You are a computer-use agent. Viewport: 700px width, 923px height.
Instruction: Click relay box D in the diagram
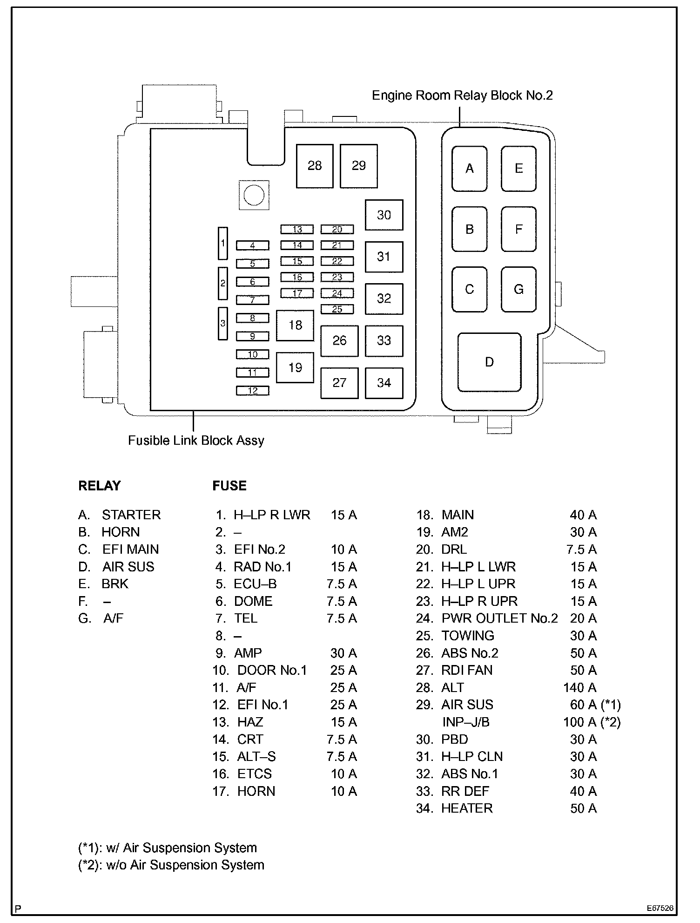(489, 362)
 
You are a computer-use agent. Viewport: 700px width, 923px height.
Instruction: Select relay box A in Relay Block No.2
(470, 168)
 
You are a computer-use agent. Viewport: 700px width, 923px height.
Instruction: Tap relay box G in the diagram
(518, 289)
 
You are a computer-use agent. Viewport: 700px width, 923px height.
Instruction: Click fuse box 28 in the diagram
(315, 166)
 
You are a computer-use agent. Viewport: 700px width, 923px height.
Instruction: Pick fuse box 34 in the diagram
(384, 383)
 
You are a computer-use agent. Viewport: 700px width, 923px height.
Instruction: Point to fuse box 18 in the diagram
(295, 325)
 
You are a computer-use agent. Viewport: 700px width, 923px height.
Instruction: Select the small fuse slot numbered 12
(253, 391)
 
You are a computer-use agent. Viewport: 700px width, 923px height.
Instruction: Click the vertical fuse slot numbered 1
(223, 243)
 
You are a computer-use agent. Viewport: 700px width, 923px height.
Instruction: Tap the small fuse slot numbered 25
(337, 309)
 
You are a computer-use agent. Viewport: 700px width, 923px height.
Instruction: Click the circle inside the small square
(254, 195)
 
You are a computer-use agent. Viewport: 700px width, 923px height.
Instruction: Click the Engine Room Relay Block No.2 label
(462, 95)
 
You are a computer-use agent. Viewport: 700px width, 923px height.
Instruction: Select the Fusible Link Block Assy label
(196, 441)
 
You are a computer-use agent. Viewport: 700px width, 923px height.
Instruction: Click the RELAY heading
(99, 486)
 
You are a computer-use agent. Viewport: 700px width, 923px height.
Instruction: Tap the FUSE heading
(229, 486)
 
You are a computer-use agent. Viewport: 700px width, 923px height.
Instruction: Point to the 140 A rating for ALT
(579, 687)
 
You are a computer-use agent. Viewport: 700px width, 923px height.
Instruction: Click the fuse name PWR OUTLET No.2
(499, 618)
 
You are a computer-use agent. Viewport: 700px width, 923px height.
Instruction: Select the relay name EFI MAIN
(130, 550)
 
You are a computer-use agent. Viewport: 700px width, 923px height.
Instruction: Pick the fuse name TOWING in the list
(468, 636)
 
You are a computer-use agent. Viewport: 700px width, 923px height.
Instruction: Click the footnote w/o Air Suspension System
(171, 865)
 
